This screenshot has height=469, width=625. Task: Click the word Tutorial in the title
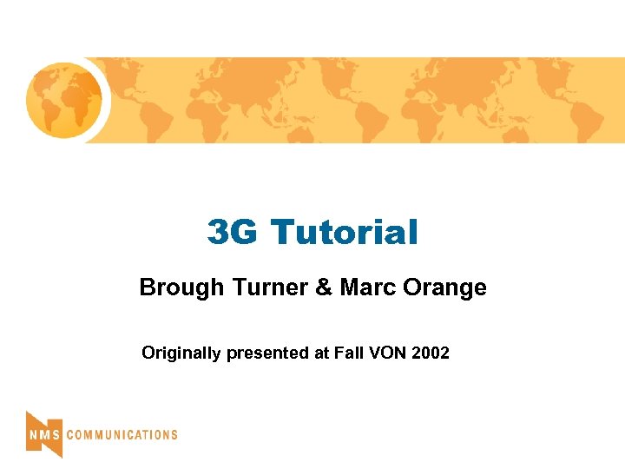coord(345,232)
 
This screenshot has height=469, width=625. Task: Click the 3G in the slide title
coord(234,232)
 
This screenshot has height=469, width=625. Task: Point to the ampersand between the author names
coord(325,287)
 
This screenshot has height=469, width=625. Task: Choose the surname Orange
coord(445,287)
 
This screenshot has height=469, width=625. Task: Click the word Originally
coord(181,353)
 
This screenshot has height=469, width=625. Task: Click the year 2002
coord(431,353)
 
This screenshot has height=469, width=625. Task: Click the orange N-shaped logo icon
coord(43,433)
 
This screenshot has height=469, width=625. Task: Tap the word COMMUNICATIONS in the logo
coord(122,434)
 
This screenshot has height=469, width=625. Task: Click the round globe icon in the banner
coord(64,100)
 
